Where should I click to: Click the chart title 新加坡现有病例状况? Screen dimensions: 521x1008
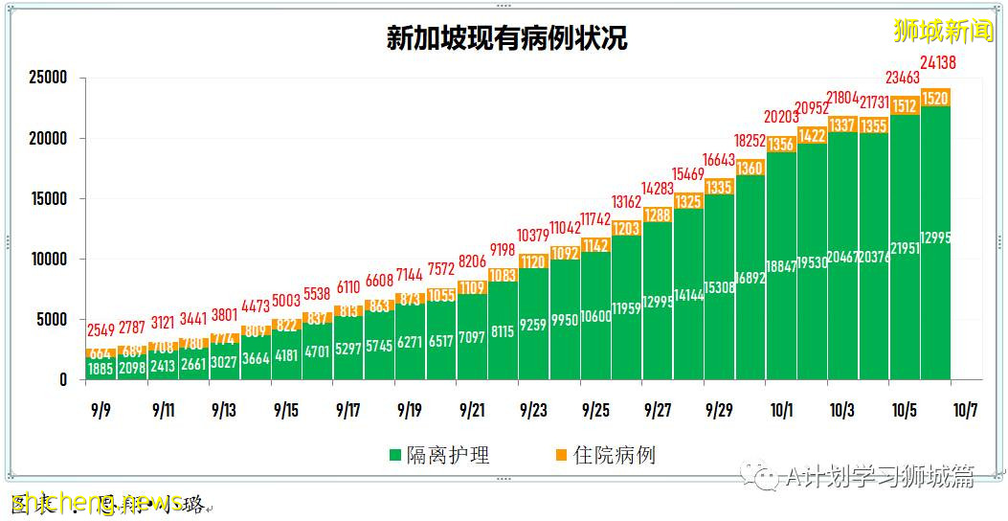click(x=506, y=39)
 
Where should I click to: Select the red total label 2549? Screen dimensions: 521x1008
click(x=101, y=331)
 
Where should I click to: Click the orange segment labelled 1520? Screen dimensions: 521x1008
click(x=935, y=99)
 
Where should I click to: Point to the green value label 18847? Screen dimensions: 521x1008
click(x=782, y=267)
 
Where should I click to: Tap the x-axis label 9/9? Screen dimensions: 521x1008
click(x=101, y=411)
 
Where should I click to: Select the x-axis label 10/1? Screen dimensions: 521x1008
click(x=781, y=411)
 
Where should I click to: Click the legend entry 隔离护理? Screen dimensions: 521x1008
click(x=440, y=455)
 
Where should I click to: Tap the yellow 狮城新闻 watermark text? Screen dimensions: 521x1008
click(x=944, y=32)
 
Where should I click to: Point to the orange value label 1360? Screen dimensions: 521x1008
click(x=750, y=169)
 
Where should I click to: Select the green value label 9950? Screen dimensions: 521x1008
click(x=565, y=321)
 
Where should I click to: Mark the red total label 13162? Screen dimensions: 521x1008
click(x=627, y=202)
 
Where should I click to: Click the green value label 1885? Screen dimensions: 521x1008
click(x=101, y=369)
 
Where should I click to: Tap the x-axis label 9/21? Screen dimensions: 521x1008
click(x=472, y=411)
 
